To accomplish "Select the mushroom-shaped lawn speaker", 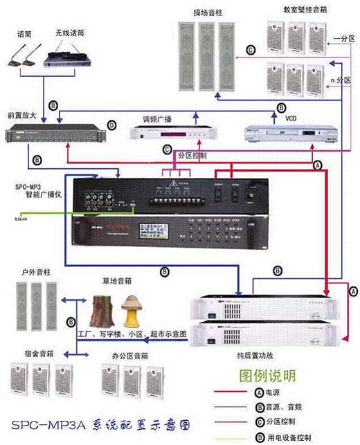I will click(132, 310).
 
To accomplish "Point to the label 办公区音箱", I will click(129, 356).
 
